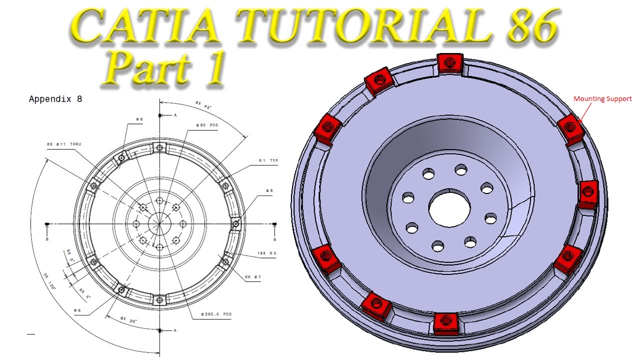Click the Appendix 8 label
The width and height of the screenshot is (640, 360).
point(55,99)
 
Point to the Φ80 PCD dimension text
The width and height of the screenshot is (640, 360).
point(207,124)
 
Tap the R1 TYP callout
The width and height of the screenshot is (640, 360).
point(268,160)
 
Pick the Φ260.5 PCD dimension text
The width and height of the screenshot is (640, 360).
point(216,314)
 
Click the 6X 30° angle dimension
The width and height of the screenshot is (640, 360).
point(129,317)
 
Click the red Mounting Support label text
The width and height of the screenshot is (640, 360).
point(602,99)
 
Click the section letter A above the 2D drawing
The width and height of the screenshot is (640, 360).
point(175,115)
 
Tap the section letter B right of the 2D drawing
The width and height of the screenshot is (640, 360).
point(274,239)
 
